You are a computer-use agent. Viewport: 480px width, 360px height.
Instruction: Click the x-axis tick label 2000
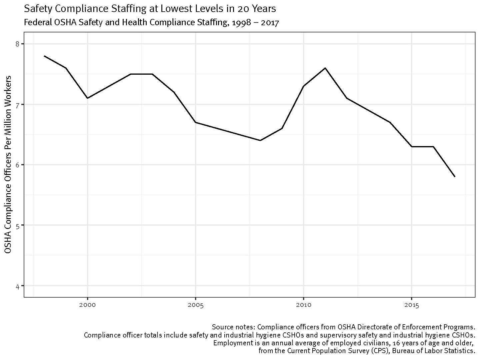(x=88, y=305)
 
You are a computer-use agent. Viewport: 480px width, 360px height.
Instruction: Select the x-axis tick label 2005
(x=196, y=305)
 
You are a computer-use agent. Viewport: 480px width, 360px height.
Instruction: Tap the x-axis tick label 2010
(x=303, y=305)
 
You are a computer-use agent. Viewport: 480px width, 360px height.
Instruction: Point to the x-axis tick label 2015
(x=412, y=305)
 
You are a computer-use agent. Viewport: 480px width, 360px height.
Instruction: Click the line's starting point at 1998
(x=44, y=56)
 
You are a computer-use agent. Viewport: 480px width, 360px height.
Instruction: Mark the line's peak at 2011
(x=325, y=68)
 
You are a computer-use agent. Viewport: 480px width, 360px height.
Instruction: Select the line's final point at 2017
(x=455, y=177)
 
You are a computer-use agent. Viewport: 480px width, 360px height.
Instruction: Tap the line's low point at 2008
(x=260, y=140)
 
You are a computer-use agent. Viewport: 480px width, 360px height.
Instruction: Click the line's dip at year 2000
(x=88, y=98)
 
